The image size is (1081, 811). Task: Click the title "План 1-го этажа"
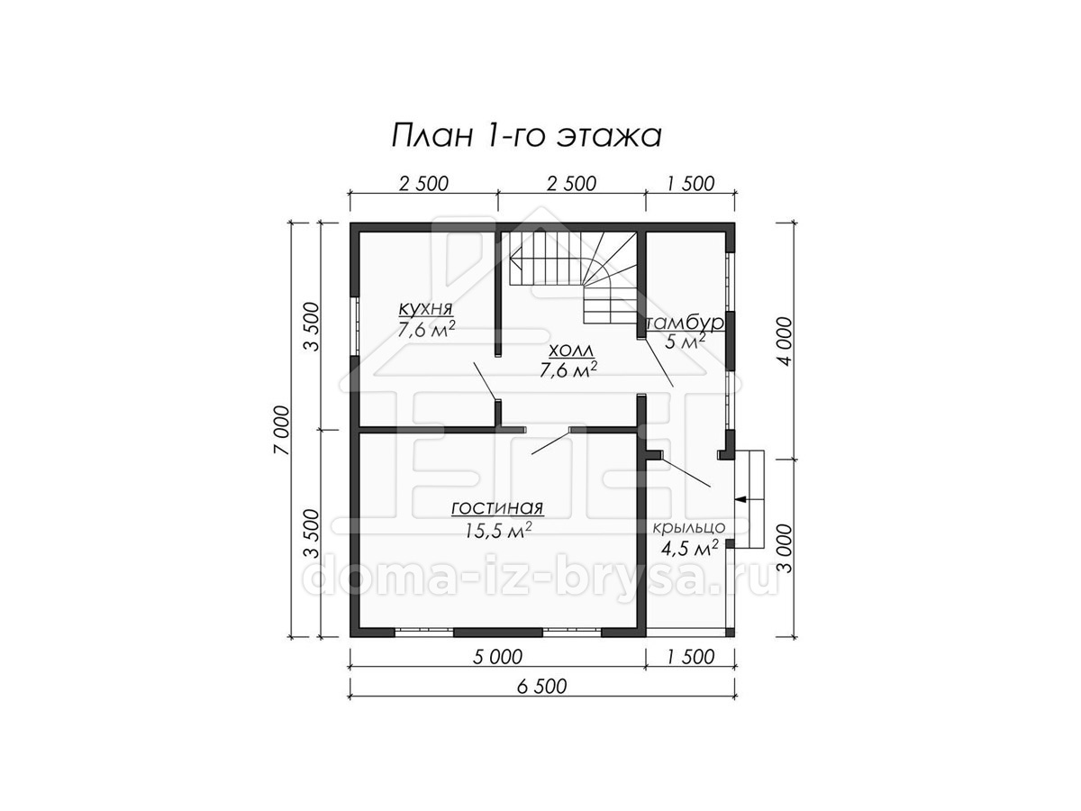[526, 135]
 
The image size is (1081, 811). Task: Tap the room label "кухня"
[425, 309]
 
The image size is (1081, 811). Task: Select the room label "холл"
[571, 351]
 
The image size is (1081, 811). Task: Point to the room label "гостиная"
[497, 507]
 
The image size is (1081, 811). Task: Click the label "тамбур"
[685, 323]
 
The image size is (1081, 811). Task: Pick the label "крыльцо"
[689, 528]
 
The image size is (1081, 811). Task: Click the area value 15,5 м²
[498, 530]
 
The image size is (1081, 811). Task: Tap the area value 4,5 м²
[689, 549]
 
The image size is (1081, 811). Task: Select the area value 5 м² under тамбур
[685, 342]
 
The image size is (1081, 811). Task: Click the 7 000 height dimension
[282, 431]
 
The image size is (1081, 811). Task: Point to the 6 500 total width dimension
[541, 686]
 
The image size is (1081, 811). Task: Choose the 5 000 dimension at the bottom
[497, 657]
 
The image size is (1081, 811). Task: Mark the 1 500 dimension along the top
[690, 184]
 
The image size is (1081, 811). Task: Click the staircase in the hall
[573, 277]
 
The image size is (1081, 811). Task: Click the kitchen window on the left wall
[355, 326]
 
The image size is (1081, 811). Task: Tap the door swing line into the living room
[550, 442]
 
